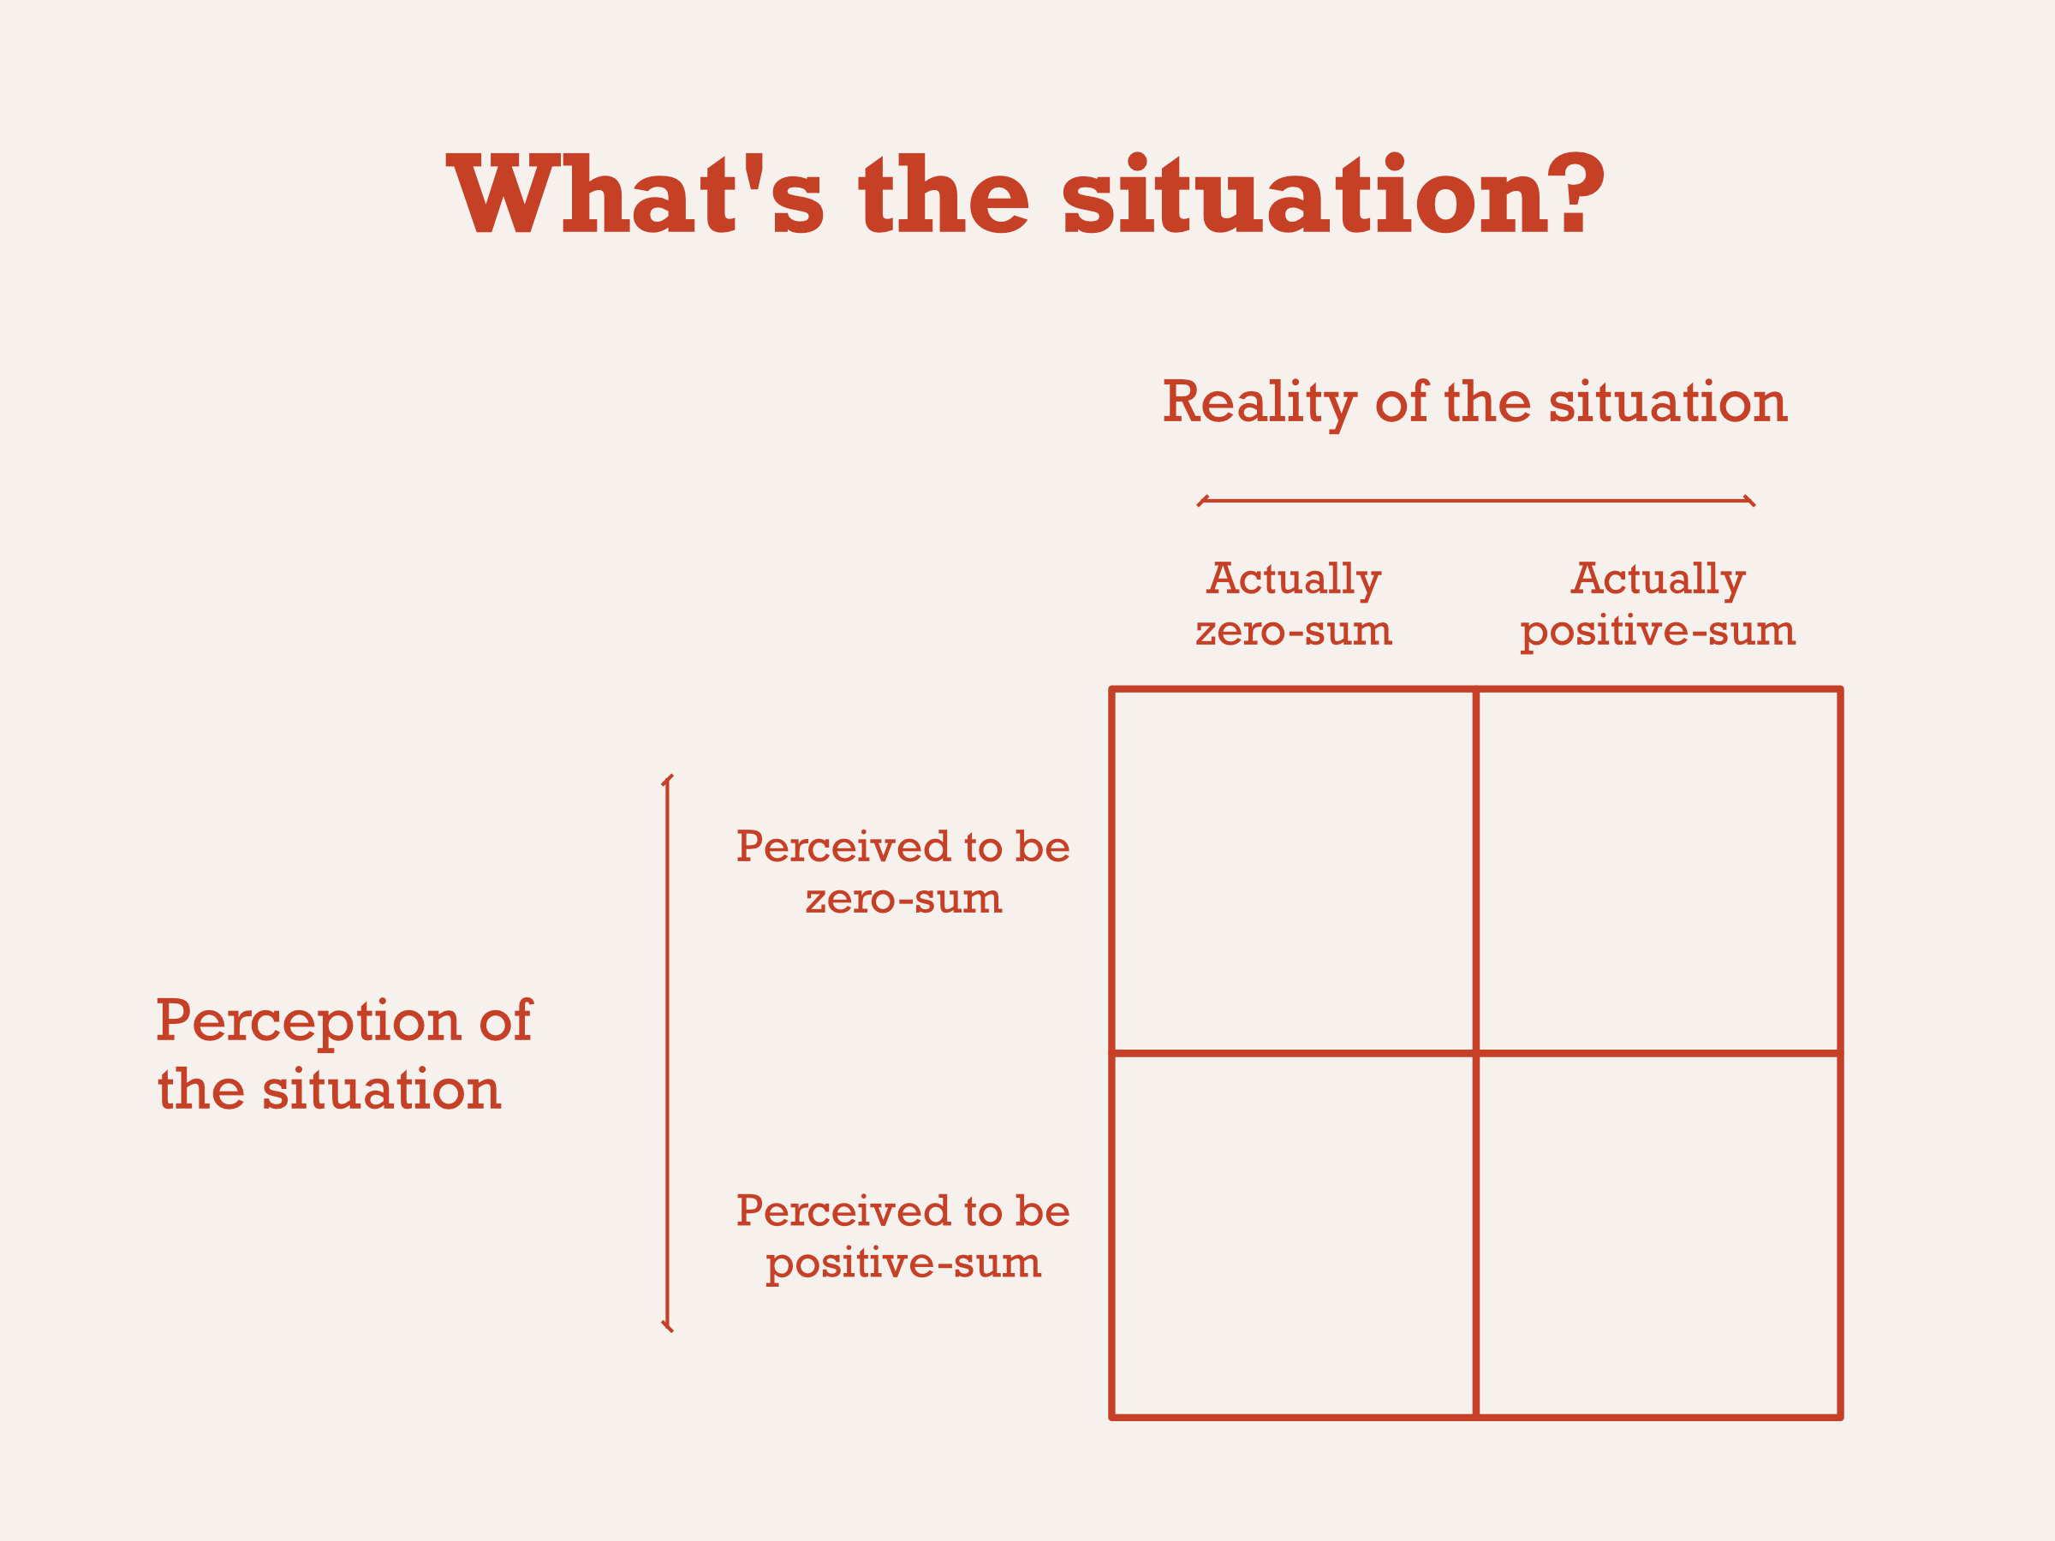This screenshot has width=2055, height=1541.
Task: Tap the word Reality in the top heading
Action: coord(1260,402)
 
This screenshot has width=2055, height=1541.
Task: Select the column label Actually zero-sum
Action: coord(1293,604)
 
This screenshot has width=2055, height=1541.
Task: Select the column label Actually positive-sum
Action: coord(1658,604)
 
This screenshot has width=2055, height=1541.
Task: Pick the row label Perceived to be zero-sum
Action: coord(903,872)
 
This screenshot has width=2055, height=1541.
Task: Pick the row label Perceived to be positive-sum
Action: coord(903,1236)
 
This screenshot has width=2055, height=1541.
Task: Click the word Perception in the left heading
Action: coord(307,1020)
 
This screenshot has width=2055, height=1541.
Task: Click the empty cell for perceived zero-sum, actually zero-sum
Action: coord(1293,872)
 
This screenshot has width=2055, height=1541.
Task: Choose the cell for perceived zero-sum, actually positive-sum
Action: coord(1659,872)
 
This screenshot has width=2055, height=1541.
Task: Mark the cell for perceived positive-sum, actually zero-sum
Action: coord(1293,1236)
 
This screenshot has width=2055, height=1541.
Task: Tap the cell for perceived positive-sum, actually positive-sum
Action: coord(1659,1236)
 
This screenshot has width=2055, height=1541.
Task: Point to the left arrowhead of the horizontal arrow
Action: coord(1201,502)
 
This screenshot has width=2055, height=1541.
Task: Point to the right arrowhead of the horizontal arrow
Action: coord(1751,502)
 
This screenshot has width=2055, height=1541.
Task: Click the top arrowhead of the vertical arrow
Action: coord(667,779)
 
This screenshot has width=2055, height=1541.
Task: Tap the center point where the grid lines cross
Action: coord(1475,1053)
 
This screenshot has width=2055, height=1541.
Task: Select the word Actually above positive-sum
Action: coord(1658,579)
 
